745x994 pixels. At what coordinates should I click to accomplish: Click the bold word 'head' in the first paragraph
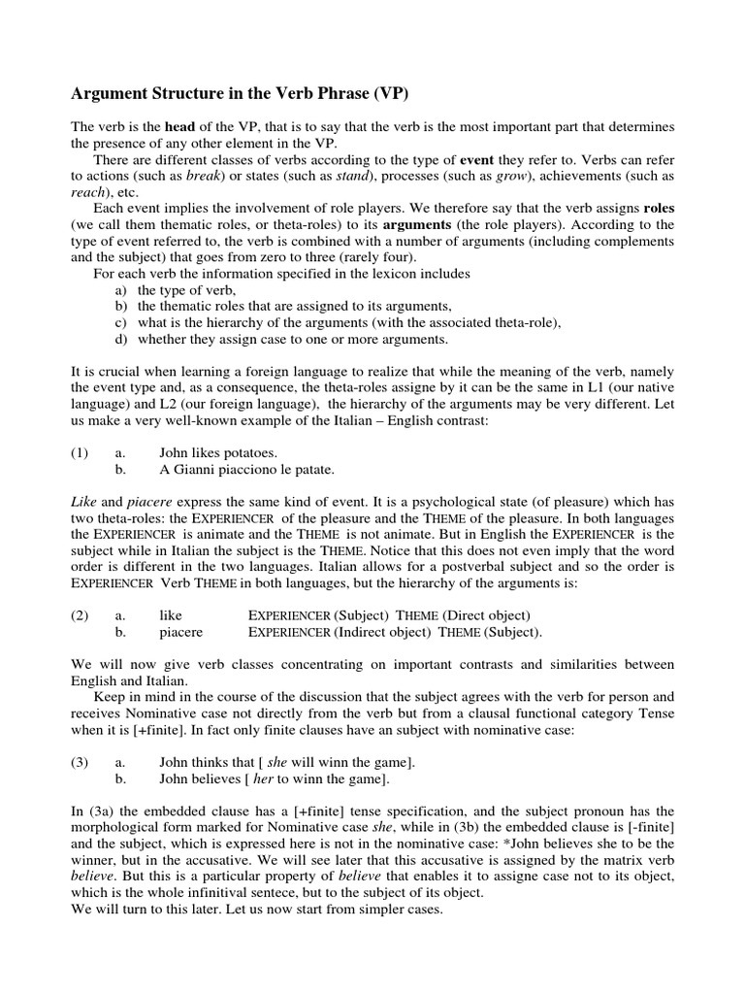click(180, 128)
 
